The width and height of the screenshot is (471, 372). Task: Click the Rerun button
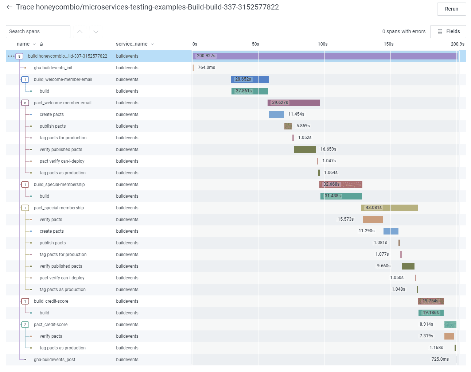[451, 9]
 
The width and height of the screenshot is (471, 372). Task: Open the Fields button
[448, 32]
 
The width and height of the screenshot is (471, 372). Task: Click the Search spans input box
[38, 32]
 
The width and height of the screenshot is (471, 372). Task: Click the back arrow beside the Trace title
[9, 7]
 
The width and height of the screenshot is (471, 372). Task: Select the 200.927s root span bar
[324, 56]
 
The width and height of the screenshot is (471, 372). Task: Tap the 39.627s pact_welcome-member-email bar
[294, 103]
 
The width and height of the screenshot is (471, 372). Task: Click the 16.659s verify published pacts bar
[305, 150]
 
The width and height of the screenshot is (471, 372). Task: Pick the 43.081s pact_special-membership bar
[389, 208]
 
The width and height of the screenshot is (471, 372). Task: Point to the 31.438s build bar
[341, 196]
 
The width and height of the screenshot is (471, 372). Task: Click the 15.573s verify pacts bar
[373, 220]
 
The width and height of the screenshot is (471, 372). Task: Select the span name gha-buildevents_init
[53, 68]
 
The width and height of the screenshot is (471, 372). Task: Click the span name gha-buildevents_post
[55, 360]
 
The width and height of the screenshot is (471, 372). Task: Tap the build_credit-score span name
[51, 301]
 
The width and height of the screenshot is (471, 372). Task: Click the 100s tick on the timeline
[323, 44]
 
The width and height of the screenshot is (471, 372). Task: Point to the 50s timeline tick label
[256, 44]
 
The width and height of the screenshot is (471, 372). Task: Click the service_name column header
[132, 44]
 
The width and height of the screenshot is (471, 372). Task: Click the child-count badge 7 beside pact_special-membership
[25, 208]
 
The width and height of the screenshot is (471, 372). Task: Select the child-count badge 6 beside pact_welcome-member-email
[25, 103]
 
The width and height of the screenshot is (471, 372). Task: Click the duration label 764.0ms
[206, 67]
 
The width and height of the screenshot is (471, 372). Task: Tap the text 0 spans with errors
[404, 32]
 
